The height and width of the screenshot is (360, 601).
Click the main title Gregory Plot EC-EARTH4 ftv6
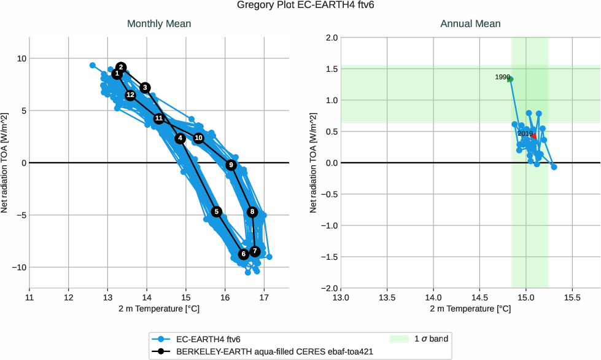coord(300,6)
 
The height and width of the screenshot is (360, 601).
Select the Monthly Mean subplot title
coord(158,24)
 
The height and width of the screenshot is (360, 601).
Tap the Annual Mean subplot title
coord(470,24)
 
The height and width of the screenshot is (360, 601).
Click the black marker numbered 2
coord(121,67)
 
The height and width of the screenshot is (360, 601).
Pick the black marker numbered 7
coord(255,251)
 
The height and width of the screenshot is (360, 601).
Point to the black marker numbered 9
coord(231,165)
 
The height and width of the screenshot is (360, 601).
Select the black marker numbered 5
coord(216,212)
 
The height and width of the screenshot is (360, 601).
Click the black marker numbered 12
coord(130,95)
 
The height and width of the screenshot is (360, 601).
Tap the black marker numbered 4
coord(180,139)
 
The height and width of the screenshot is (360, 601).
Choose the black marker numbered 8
coord(252,212)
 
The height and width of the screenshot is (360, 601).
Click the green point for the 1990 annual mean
coord(510,79)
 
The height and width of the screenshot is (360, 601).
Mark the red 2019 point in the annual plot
coord(533,136)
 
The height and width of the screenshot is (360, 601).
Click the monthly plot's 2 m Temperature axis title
coord(158,309)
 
